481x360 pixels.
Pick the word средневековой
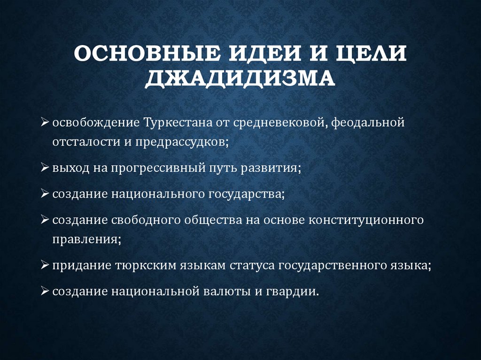[276, 123]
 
